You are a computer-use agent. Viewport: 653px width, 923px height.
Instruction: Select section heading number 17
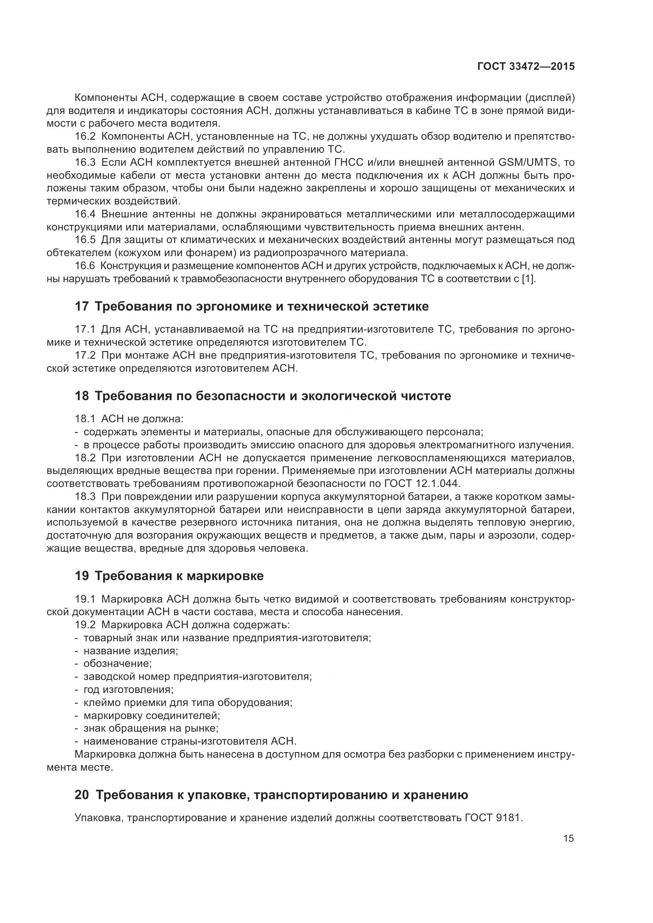82,307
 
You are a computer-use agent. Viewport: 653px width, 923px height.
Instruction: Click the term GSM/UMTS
528,163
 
